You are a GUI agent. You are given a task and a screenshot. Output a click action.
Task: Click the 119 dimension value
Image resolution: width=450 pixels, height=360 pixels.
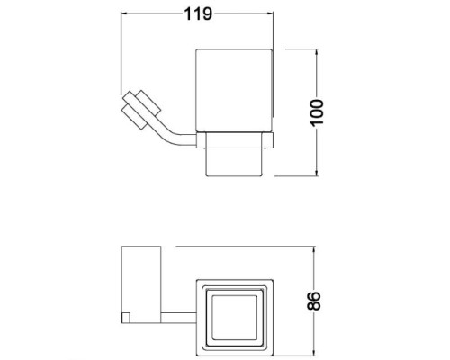pyautogui.click(x=198, y=13)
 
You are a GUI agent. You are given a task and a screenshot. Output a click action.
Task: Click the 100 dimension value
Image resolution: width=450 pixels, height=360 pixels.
pyautogui.click(x=317, y=112)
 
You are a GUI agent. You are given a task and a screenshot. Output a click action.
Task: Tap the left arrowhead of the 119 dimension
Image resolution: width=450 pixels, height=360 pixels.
pyautogui.click(x=124, y=13)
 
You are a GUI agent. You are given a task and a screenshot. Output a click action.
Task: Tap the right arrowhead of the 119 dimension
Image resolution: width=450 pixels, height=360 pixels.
pyautogui.click(x=270, y=13)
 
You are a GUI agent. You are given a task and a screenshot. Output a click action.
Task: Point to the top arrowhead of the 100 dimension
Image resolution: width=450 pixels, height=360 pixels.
pyautogui.click(x=316, y=53)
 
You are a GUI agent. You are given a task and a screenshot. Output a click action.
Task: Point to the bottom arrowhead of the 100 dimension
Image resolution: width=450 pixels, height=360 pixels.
pyautogui.click(x=316, y=173)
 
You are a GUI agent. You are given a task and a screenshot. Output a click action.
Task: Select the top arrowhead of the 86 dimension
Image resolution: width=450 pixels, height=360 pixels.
pyautogui.click(x=314, y=250)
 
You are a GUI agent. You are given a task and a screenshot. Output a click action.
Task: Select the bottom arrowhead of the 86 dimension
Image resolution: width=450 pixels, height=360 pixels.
pyautogui.click(x=314, y=353)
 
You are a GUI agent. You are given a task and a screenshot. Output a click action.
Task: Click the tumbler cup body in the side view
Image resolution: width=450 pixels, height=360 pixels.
pyautogui.click(x=234, y=90)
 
